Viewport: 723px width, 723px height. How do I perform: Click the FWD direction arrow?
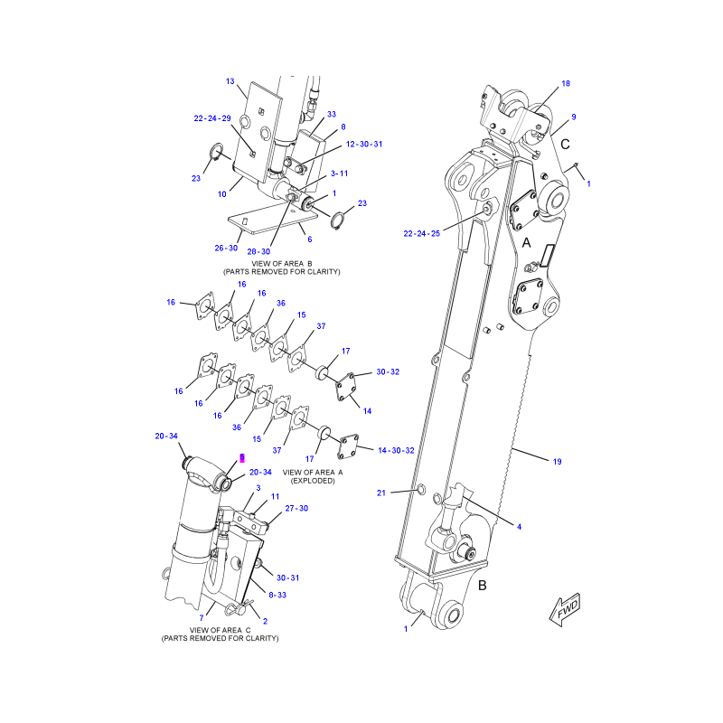coord(564,609)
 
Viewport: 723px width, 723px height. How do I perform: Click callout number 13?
coord(230,81)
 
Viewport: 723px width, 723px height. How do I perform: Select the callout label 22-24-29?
coord(212,118)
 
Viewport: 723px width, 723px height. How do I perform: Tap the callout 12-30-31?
coord(364,144)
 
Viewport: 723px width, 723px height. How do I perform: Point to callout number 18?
coord(566,83)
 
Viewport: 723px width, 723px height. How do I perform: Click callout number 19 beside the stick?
coord(557,462)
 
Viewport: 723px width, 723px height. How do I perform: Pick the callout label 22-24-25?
coord(422,233)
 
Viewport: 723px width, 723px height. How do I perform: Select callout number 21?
coord(381,493)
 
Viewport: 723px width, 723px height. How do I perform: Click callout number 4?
coord(519,527)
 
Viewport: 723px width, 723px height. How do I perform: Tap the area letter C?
coord(566,145)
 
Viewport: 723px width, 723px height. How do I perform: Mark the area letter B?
coord(483,585)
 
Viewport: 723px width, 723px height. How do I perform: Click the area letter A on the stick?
coord(526,242)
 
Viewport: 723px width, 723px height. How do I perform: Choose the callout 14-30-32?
coord(396,450)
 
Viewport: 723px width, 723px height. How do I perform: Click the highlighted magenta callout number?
coord(242,457)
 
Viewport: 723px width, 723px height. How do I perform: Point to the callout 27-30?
coord(296,508)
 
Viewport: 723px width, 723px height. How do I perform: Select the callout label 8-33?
coord(277,595)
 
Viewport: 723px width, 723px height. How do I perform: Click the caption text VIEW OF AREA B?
coord(282,264)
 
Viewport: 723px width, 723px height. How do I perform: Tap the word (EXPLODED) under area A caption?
coord(313,481)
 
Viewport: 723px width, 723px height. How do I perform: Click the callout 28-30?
coord(258,251)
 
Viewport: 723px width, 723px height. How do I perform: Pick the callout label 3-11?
coord(340,174)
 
